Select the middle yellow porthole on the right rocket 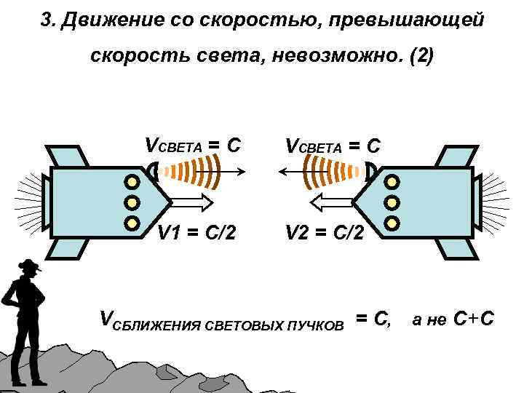pyautogui.click(x=392, y=202)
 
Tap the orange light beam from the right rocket pyautogui.click(x=338, y=173)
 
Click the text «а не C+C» pyautogui.click(x=453, y=318)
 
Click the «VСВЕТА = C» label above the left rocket pyautogui.click(x=193, y=145)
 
